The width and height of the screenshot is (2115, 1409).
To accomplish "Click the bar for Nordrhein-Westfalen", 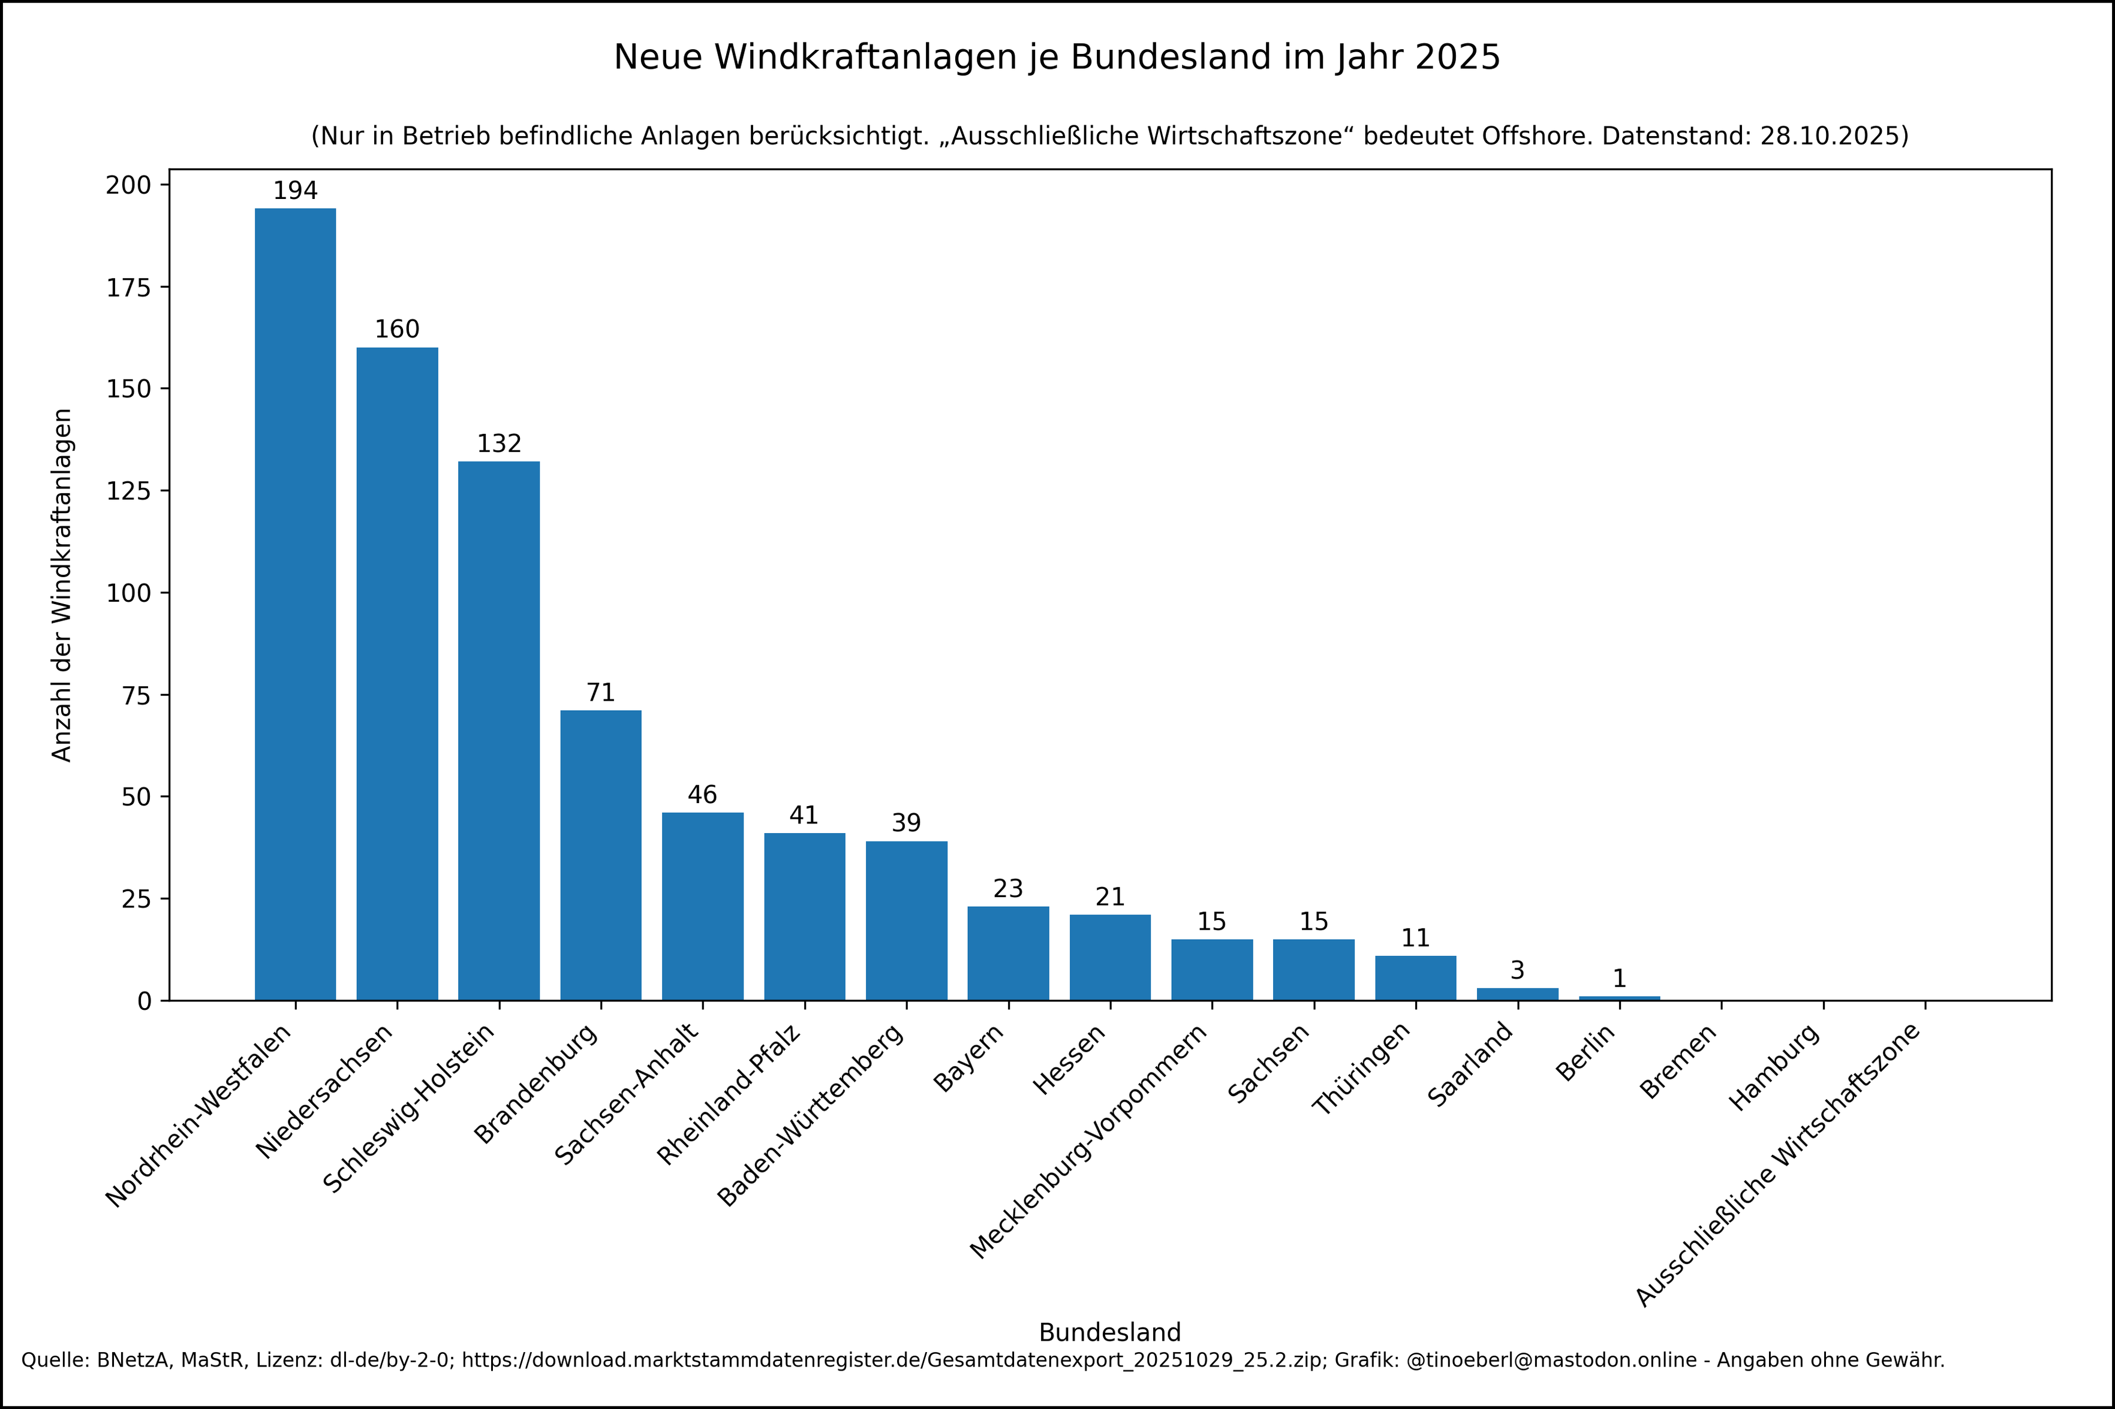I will coord(295,604).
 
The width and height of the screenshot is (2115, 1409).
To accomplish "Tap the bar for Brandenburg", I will coord(600,855).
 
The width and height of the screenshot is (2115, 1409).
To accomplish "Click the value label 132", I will coord(499,444).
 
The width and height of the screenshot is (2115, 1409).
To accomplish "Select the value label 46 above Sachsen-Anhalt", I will coord(702,795).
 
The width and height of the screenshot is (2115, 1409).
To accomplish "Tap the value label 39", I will coord(906,823).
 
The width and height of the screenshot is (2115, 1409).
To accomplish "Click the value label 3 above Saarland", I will coord(1517,970).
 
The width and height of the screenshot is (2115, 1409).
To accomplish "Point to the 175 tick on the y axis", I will coord(128,288).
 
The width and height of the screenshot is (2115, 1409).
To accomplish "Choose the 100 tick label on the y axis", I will coord(128,593).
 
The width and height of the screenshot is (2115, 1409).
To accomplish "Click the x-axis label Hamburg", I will coord(1775,1067).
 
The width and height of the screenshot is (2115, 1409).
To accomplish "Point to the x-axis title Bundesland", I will coord(1109,1333).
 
